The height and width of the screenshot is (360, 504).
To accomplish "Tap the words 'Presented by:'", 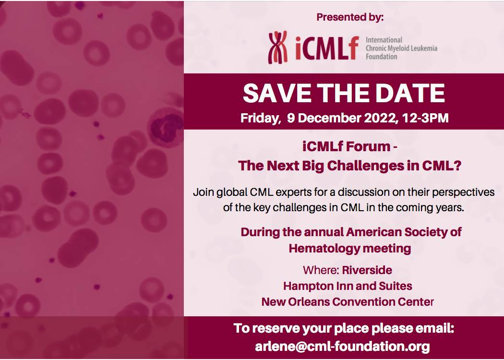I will [x=350, y=18].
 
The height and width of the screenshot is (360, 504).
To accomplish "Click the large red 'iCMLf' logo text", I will [x=324, y=48].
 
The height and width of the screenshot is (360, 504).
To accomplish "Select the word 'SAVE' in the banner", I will [x=277, y=93].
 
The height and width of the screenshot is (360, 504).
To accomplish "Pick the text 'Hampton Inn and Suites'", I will [x=348, y=286].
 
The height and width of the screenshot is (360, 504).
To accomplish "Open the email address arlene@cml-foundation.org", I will [x=343, y=346].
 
